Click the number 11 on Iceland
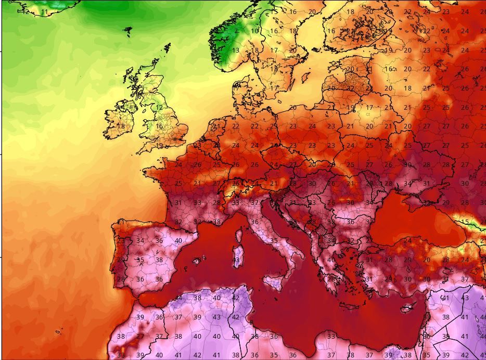[44, 12]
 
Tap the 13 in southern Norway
[236, 50]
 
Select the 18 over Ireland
[121, 126]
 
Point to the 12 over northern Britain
[159, 108]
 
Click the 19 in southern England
[160, 146]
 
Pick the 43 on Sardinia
[236, 260]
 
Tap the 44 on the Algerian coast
[178, 298]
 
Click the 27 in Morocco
[140, 337]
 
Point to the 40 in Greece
[331, 260]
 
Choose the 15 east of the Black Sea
[465, 222]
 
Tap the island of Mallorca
[197, 261]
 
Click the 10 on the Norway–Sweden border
[254, 31]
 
